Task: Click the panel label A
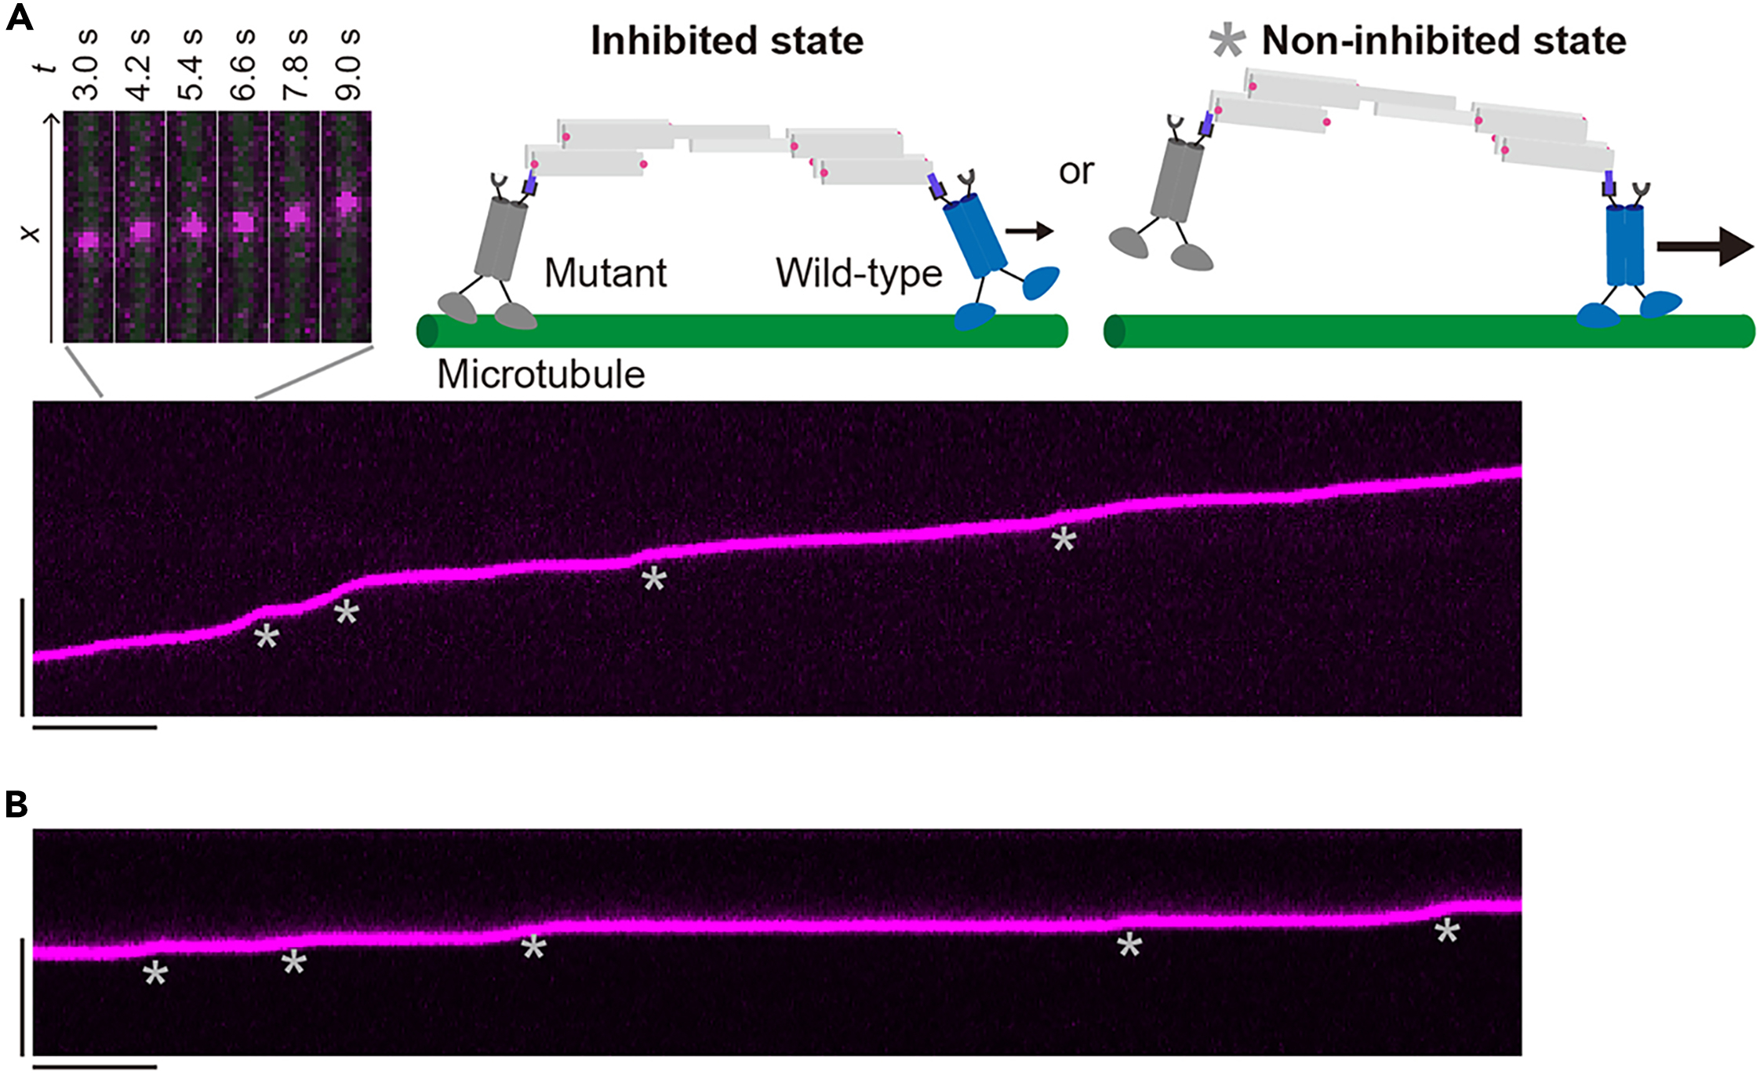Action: [19, 17]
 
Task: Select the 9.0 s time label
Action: [347, 65]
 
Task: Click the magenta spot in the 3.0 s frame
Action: [88, 239]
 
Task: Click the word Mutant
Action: [605, 274]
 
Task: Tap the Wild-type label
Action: [859, 274]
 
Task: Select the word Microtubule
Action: [540, 375]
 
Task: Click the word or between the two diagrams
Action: [1075, 171]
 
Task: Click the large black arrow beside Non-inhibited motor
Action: [1704, 247]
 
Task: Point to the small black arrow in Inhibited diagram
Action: [1029, 231]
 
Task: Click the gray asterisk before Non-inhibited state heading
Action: [1227, 40]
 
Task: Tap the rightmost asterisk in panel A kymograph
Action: [1064, 539]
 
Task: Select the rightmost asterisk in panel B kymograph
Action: [1446, 932]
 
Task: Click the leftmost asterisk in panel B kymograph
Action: [155, 974]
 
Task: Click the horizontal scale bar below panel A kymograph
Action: [95, 728]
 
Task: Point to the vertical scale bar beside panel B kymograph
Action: [22, 995]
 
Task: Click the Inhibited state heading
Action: [726, 41]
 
